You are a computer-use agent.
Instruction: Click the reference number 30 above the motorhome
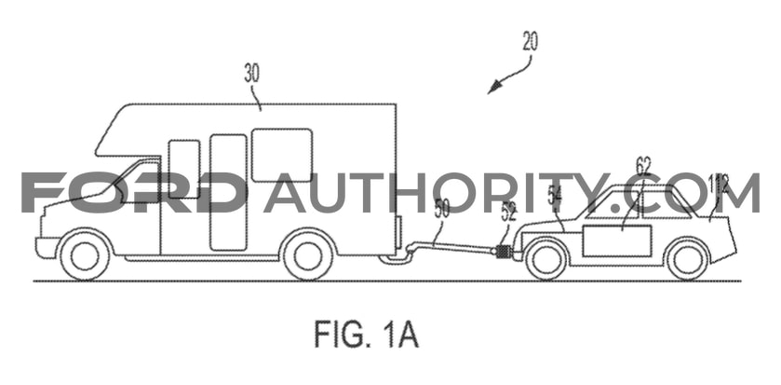tap(252, 74)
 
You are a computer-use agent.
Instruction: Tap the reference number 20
tap(530, 41)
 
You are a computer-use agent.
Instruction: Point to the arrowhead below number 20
tap(493, 89)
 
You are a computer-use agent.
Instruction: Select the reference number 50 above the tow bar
tap(441, 209)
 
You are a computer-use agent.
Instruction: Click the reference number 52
tap(508, 213)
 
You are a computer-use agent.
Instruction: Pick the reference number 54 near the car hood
tap(555, 195)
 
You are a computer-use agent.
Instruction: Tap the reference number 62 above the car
tap(643, 166)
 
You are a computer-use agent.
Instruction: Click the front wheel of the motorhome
tap(84, 254)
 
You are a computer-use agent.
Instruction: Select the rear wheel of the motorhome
tap(307, 254)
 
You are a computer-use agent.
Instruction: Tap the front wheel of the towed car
tap(545, 259)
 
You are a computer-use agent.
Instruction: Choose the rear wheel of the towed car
tap(687, 259)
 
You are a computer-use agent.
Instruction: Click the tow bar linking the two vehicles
tap(449, 248)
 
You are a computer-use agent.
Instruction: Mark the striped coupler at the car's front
tap(504, 252)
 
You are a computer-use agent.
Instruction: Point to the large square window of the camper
tap(282, 155)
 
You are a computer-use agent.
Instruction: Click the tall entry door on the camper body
tap(229, 192)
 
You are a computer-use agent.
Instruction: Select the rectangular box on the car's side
tap(616, 241)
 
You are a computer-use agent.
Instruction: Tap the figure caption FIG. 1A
tap(366, 335)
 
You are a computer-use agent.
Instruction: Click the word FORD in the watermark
tap(134, 192)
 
